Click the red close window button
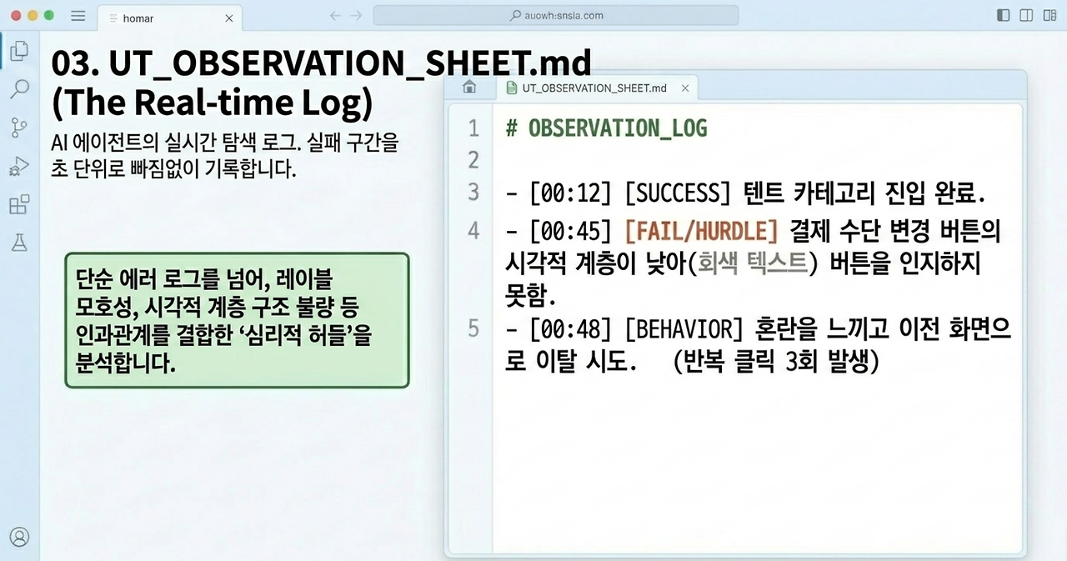point(16,16)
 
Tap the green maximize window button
point(48,16)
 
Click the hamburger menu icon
point(78,16)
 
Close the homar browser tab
point(229,18)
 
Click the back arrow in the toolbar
point(335,16)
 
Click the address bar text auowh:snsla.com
point(564,15)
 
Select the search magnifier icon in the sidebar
point(19,88)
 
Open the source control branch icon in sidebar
point(18,128)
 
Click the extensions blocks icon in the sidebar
point(19,204)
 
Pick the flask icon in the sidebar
point(19,243)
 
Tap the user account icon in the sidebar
point(19,537)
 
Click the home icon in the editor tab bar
point(469,87)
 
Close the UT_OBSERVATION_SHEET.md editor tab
point(685,88)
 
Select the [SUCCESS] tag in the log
point(678,193)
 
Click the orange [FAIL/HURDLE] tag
point(701,232)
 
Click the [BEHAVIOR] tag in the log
point(684,329)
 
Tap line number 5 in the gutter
point(473,328)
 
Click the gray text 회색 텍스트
point(753,263)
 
